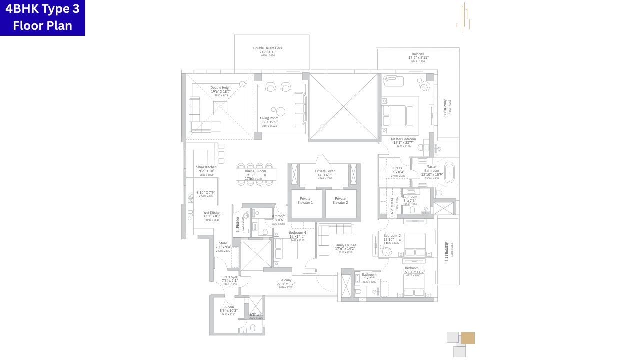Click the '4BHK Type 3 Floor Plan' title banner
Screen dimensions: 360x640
point(42,17)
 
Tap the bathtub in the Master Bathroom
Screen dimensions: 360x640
point(449,173)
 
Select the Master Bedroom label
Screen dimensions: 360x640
point(403,141)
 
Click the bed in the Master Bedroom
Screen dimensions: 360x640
point(399,113)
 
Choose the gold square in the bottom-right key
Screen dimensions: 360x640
point(468,338)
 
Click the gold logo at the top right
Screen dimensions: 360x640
point(463,18)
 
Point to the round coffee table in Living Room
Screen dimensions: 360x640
point(281,111)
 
